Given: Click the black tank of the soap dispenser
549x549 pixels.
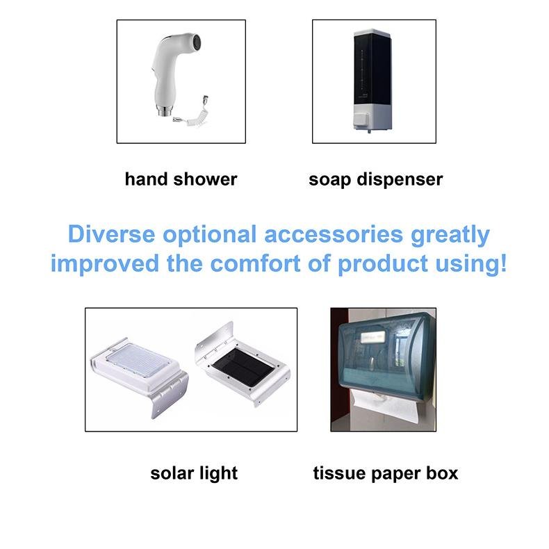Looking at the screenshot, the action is point(371,68).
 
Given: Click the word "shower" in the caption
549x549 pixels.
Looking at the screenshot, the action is point(205,179).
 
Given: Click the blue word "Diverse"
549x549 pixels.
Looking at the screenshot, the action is point(111,234).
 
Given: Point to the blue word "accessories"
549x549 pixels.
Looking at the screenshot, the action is point(334,234).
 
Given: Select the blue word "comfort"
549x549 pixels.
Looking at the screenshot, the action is point(255,263).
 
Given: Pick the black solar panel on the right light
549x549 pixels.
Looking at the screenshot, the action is point(242,368).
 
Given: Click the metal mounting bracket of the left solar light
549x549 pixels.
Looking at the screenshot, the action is point(170,395).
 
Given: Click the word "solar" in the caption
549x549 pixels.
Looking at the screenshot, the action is point(172,473).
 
